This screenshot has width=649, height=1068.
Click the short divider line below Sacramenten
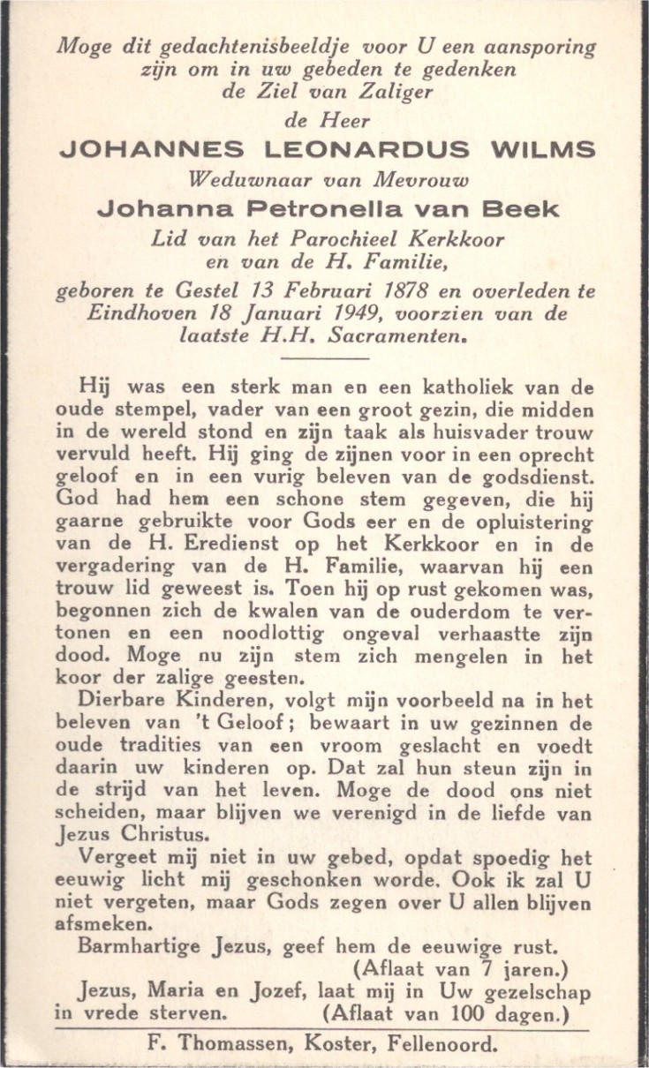coord(323,357)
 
